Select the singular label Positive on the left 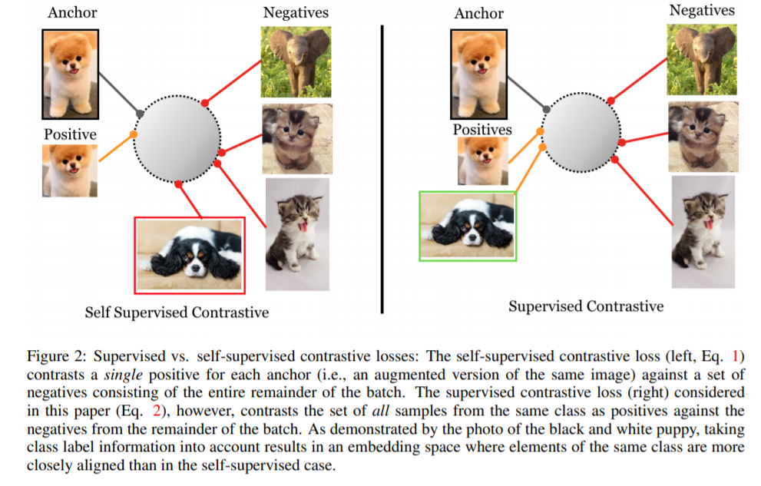click(70, 134)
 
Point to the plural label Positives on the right click(481, 130)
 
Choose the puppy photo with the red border click(190, 255)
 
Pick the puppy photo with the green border click(468, 226)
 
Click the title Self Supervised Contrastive click(177, 312)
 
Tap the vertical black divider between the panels click(382, 169)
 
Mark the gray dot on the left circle click(141, 114)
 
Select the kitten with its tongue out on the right click(703, 231)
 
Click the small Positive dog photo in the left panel click(70, 171)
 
